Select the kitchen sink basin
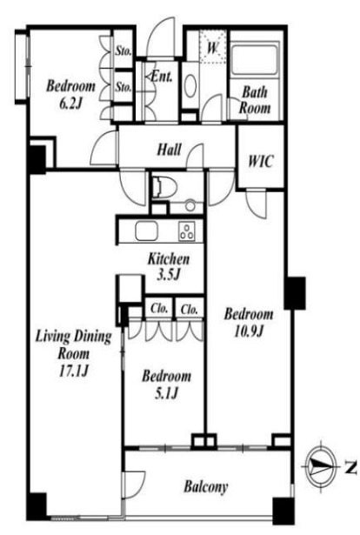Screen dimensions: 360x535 click(x=147, y=231)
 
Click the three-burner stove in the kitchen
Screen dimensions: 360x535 click(x=187, y=231)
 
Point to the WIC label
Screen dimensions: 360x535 click(x=261, y=161)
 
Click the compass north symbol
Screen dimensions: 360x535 click(x=321, y=466)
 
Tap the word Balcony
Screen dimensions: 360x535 click(x=206, y=487)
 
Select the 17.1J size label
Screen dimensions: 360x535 click(x=74, y=371)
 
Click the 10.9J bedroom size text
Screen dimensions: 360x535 click(x=249, y=331)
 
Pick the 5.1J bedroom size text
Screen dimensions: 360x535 click(x=166, y=393)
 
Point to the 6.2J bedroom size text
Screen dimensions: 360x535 click(x=70, y=103)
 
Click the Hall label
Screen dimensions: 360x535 click(x=169, y=150)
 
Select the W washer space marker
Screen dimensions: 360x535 click(x=213, y=48)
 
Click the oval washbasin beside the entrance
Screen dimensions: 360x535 click(x=190, y=85)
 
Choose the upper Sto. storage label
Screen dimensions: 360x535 click(x=123, y=51)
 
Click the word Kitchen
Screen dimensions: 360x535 click(x=169, y=259)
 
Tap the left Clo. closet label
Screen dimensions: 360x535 click(x=159, y=309)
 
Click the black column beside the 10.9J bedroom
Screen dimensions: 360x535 click(x=296, y=293)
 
